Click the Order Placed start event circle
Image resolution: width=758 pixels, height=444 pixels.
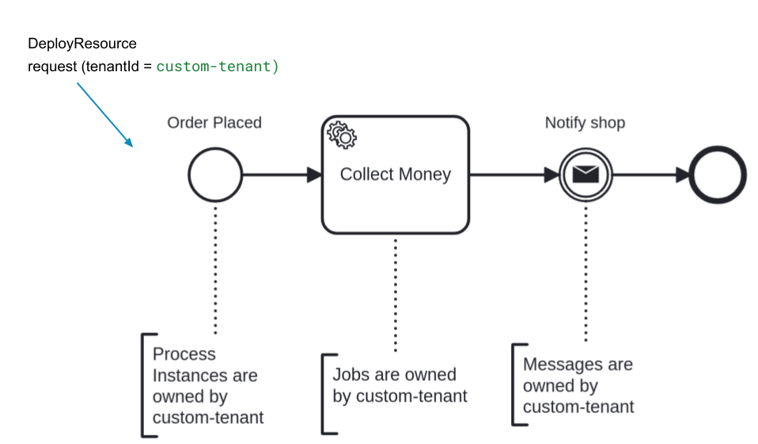tap(215, 175)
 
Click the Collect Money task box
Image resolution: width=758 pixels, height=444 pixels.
tap(395, 198)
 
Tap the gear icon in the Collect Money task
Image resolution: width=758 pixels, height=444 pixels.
tap(342, 135)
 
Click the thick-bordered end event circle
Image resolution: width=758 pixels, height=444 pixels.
tap(718, 175)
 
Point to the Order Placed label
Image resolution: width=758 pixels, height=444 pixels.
tap(214, 123)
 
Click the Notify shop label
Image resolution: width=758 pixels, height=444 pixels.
tap(585, 123)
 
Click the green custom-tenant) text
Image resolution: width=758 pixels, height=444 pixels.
tap(218, 66)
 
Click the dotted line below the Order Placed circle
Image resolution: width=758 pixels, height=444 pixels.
tap(215, 269)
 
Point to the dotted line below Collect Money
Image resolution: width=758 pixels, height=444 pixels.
tap(395, 293)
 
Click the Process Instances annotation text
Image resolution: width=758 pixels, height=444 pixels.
tap(208, 385)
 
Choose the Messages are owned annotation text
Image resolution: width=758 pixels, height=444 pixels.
tap(578, 385)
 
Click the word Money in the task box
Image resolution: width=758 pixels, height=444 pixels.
tap(425, 175)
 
